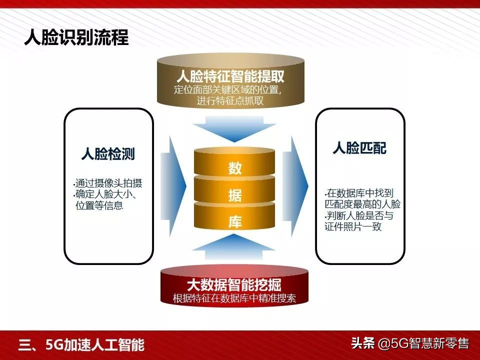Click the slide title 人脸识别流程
coord(76,37)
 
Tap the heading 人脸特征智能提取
coord(230,77)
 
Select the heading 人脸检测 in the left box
coord(108,153)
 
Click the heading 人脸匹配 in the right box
coord(359,148)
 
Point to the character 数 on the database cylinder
coord(235,168)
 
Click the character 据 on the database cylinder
coord(235,195)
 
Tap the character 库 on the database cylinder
coord(235,222)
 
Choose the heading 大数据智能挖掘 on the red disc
coord(234,285)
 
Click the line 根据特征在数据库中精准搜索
coord(234,299)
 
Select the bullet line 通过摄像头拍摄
coord(107,183)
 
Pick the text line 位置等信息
coord(99,205)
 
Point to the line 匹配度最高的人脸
coord(362,204)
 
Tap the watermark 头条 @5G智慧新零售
coord(409,343)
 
